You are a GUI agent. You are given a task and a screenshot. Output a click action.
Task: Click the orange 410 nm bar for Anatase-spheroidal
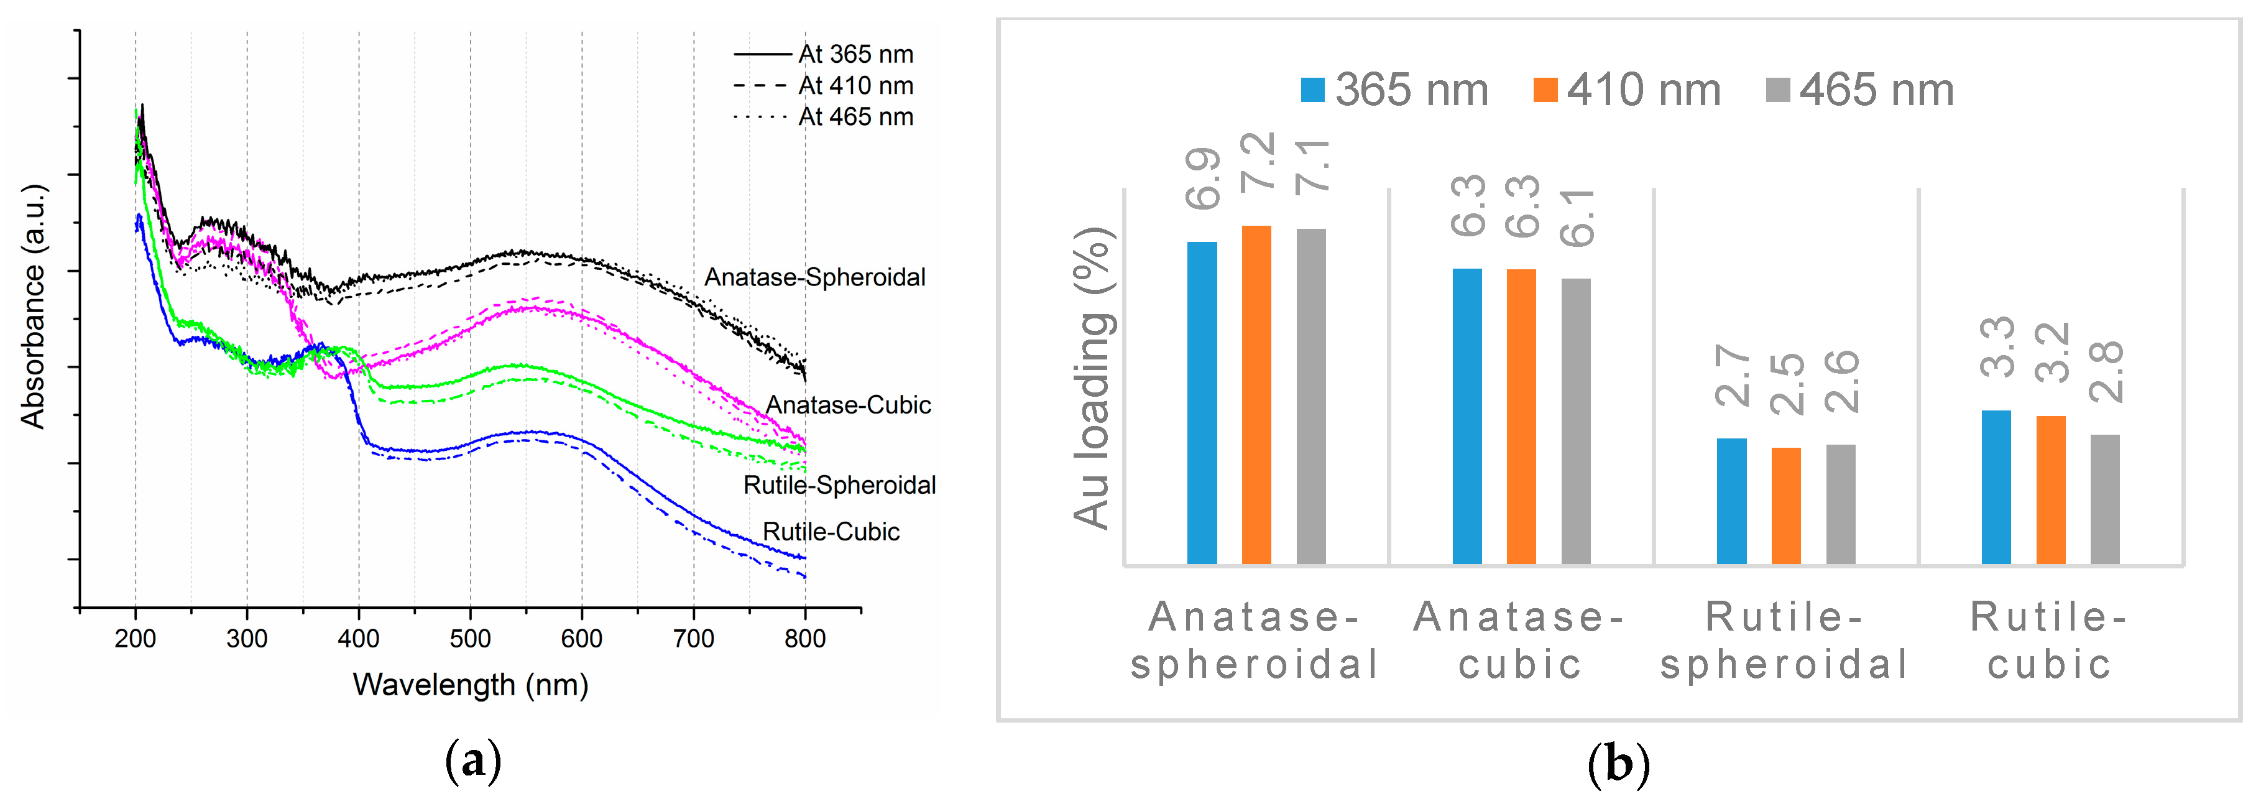point(1256,395)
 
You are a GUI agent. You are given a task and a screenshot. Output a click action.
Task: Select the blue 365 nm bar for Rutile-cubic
point(1996,487)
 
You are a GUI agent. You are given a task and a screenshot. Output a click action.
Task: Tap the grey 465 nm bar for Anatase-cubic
point(1575,421)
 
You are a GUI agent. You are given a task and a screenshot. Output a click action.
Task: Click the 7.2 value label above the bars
point(1257,163)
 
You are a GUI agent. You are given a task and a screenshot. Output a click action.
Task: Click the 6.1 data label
point(1577,217)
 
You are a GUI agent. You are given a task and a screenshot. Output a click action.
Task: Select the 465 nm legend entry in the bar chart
point(1860,90)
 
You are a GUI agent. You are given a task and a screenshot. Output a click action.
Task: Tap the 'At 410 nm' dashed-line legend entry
point(823,86)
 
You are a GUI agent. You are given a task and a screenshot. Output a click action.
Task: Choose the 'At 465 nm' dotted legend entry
point(823,117)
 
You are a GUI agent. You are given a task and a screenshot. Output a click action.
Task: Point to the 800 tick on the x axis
point(805,639)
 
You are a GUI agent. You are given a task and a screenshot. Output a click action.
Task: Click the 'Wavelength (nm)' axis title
point(471,685)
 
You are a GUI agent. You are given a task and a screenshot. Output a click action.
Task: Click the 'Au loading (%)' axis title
point(1093,378)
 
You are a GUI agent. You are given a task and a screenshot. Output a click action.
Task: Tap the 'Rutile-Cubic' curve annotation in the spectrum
point(831,532)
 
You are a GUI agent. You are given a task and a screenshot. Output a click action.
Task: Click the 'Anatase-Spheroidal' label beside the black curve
point(814,277)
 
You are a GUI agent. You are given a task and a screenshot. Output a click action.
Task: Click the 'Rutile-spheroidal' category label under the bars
point(1784,640)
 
